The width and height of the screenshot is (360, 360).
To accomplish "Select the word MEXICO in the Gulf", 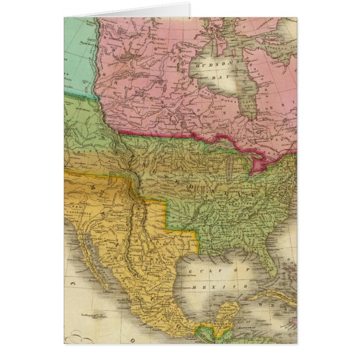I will point(205,286).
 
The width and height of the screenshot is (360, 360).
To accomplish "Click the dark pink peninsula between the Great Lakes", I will point(259,164).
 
